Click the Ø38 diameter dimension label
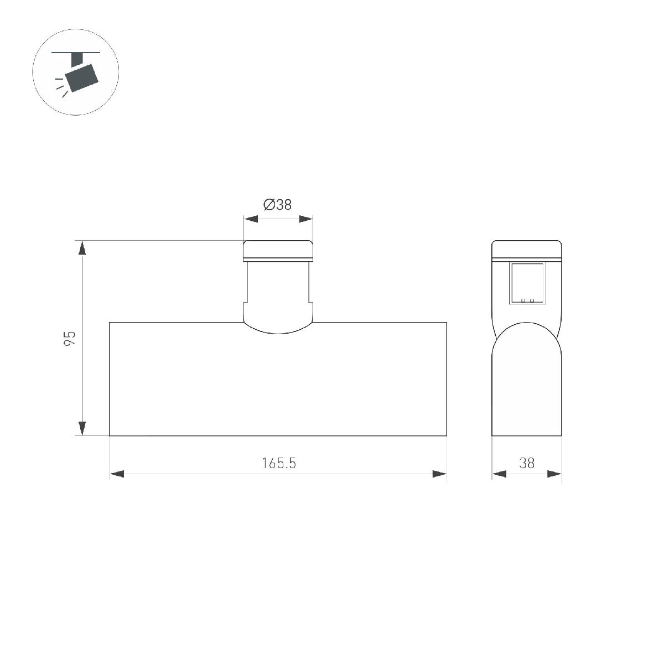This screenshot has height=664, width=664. coord(278,205)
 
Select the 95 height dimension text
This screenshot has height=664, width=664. coord(69,339)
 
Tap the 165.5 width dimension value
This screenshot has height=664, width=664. coord(279,463)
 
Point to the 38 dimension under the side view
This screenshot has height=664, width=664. coord(527,463)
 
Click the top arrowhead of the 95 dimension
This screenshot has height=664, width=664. coord(82,248)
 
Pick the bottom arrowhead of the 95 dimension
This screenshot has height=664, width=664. coord(82,428)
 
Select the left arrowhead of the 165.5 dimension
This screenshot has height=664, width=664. coord(117,474)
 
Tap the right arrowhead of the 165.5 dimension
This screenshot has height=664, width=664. coord(439,474)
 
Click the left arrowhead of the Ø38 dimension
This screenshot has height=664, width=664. coord(251,219)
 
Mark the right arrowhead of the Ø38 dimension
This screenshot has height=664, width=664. coord(306,219)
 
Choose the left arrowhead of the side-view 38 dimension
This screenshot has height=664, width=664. coord(499,474)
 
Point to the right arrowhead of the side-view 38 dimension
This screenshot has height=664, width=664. coord(554,474)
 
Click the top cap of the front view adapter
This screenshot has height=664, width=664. coord(278,250)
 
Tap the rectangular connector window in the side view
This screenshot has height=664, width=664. coord(528,282)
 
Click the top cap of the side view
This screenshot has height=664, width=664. coord(527,250)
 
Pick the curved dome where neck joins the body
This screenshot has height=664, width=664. coord(278,325)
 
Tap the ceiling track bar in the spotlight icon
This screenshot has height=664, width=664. coord(76,53)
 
